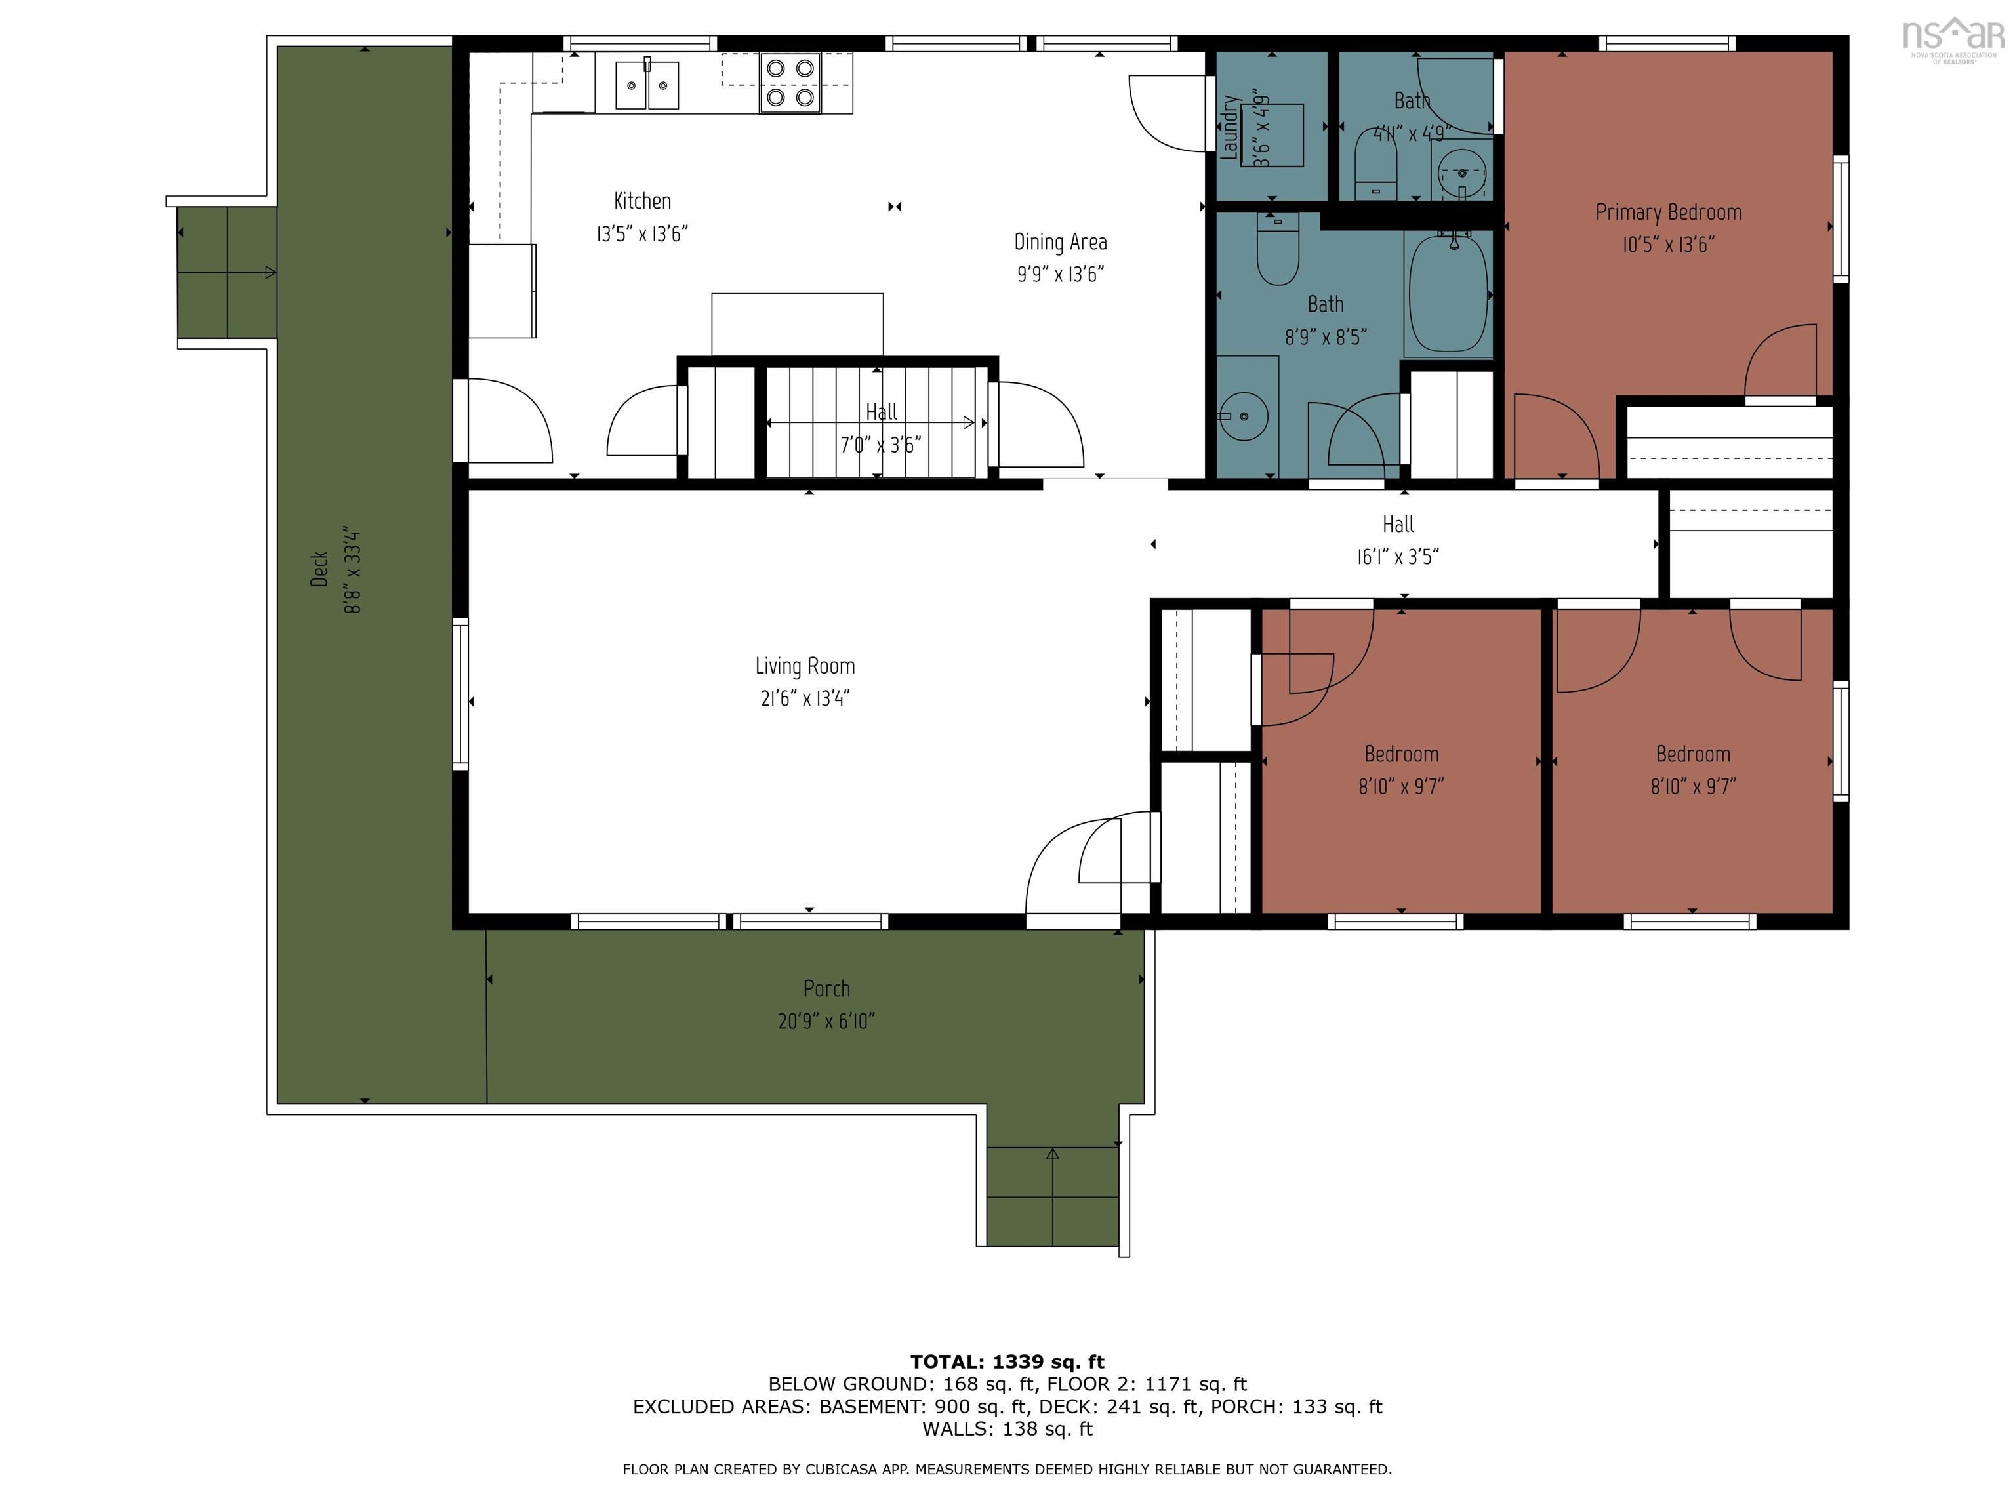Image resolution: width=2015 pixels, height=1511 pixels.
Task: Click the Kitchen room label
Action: pyautogui.click(x=642, y=201)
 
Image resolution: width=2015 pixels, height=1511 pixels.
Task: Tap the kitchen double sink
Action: pyautogui.click(x=647, y=86)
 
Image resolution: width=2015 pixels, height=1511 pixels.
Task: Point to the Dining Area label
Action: pyautogui.click(x=1061, y=242)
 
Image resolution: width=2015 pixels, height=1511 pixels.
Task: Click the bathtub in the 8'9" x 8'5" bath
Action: pyautogui.click(x=1448, y=293)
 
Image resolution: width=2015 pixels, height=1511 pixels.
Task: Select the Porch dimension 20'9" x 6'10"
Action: pyautogui.click(x=826, y=1022)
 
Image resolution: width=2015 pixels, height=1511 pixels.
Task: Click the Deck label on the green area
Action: pyautogui.click(x=319, y=569)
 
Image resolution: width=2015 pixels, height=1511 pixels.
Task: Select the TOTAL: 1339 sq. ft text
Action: pyautogui.click(x=1007, y=1361)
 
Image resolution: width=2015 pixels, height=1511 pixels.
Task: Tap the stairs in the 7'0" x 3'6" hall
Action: pyautogui.click(x=874, y=422)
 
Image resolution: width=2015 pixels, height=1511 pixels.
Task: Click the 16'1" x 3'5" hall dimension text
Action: pyautogui.click(x=1397, y=557)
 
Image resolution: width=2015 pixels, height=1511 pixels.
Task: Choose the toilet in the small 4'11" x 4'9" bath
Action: pyautogui.click(x=1375, y=164)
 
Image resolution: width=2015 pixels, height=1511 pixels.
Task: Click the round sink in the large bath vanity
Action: pyautogui.click(x=1245, y=416)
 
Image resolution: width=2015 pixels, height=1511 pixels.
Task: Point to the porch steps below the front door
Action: pyautogui.click(x=1052, y=1197)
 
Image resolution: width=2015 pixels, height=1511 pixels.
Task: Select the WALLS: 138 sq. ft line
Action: pyautogui.click(x=1007, y=1429)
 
